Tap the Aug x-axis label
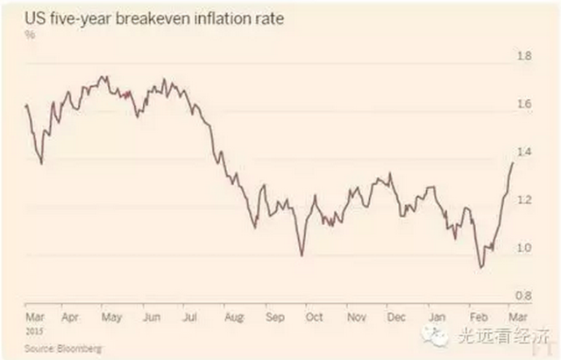click(232, 316)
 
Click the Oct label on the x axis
click(313, 316)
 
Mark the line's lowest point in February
click(480, 267)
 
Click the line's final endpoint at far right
click(513, 162)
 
